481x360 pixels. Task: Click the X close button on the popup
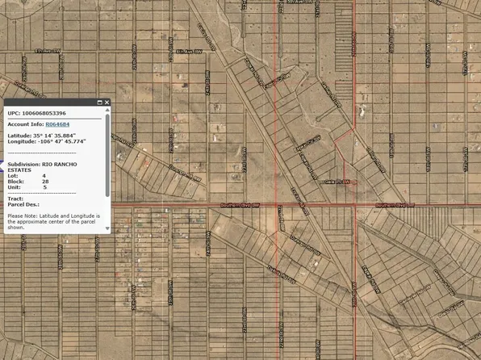pos(107,103)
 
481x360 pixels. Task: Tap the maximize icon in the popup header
pos(99,103)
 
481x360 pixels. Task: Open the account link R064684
pos(56,124)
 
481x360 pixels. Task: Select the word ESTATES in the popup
pos(20,170)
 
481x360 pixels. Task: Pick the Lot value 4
pos(44,175)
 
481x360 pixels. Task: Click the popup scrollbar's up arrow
pos(107,112)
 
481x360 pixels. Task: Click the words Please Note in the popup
pos(22,216)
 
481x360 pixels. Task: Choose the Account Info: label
pos(25,124)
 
